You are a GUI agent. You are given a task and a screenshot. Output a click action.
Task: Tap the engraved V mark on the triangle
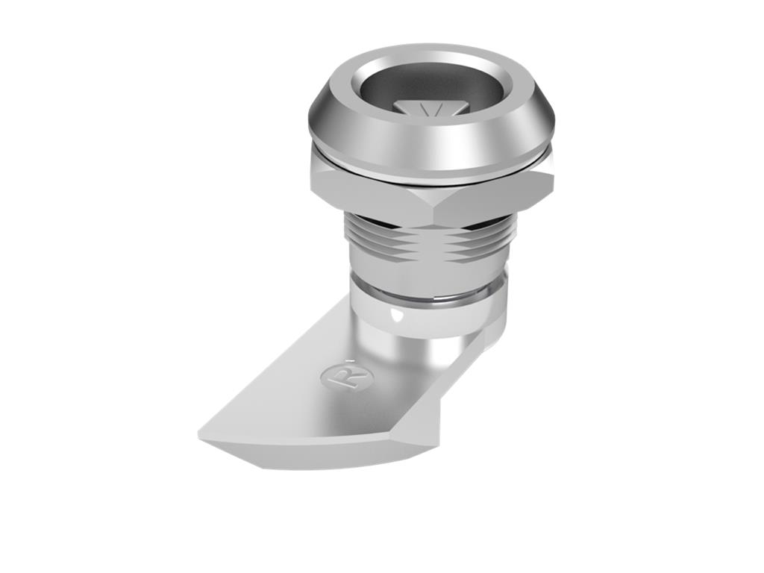click(432, 110)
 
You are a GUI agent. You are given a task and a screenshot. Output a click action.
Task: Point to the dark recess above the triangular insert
click(429, 88)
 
